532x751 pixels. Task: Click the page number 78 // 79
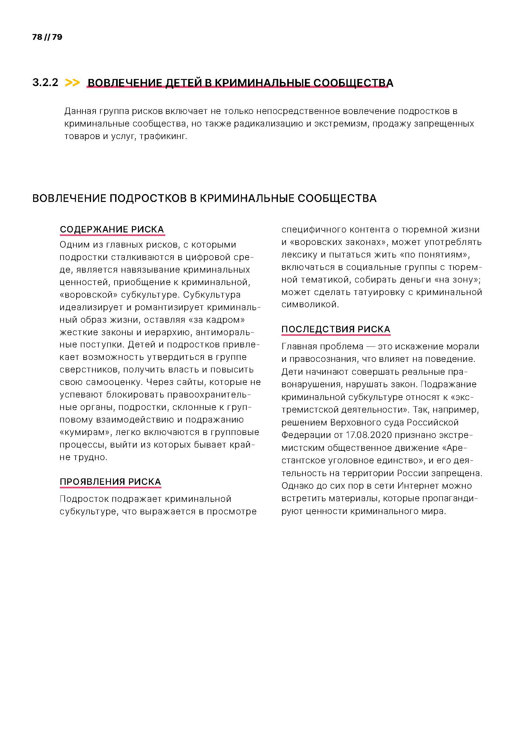(47, 37)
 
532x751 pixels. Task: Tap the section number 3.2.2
(45, 83)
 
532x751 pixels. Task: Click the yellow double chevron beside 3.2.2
(72, 83)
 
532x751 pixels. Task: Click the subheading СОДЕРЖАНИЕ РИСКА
(112, 229)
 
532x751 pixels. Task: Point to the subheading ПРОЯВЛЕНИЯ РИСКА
(110, 482)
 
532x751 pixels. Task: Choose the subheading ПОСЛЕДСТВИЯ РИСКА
(336, 329)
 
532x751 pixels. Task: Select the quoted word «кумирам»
(86, 432)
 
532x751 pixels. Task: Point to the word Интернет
(418, 486)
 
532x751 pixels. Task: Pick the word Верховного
(356, 423)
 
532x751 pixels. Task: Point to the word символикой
(310, 304)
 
